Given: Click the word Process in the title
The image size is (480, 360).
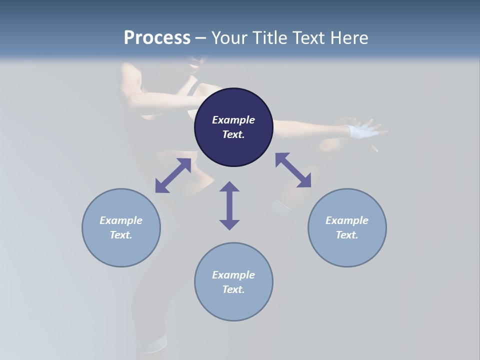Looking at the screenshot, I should [157, 38].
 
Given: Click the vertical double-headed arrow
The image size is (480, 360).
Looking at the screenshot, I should [229, 205].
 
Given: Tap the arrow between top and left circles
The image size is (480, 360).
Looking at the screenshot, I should [173, 175].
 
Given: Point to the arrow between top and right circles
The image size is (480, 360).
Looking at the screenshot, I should [293, 170].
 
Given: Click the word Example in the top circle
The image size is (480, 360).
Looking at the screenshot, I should [233, 120].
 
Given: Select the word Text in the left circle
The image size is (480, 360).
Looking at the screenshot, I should [121, 235].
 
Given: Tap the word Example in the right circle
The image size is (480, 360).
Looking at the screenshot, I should [347, 220].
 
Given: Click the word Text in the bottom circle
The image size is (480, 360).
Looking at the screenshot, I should [233, 289].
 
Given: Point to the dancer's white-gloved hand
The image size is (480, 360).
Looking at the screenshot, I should [361, 131].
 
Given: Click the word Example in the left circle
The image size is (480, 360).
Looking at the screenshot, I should [121, 220].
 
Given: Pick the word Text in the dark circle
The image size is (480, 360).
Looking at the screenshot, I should [233, 134].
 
